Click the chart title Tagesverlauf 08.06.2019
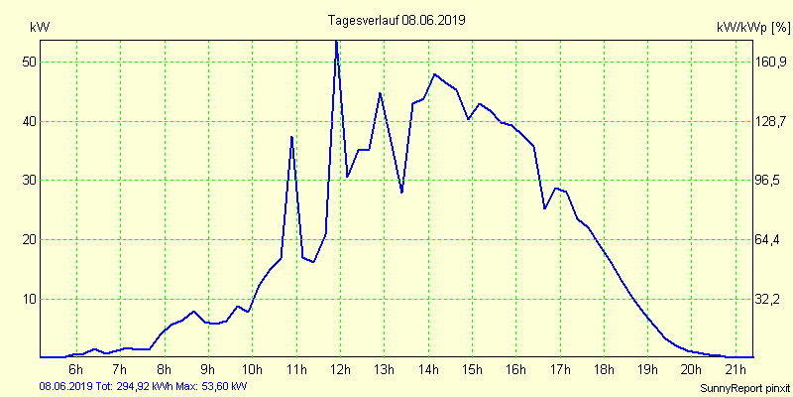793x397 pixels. (396, 19)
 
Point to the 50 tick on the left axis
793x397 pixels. (29, 62)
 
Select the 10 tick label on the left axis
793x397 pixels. (29, 299)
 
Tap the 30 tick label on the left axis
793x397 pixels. (29, 181)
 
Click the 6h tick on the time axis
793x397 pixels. (75, 370)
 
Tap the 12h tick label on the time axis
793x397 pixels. (339, 370)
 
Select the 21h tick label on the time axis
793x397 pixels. (735, 370)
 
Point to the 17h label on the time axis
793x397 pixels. (559, 370)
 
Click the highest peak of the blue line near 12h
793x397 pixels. (336, 41)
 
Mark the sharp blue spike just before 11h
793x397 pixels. (291, 136)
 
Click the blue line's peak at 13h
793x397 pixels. (380, 93)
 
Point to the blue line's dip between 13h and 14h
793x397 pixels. (401, 192)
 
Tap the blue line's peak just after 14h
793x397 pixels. (434, 74)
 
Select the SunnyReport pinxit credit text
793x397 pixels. (743, 386)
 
